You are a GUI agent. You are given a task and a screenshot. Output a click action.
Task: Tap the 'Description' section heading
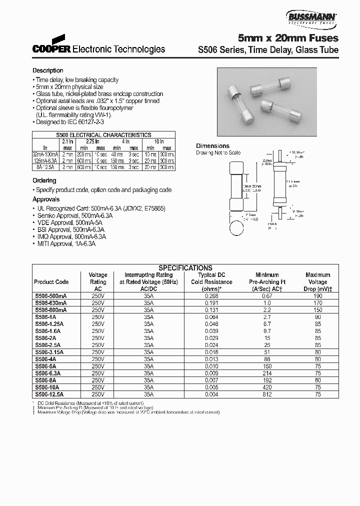(48, 70)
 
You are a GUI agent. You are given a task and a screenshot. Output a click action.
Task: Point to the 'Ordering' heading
(44, 180)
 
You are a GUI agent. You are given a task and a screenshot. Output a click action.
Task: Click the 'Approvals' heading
(46, 199)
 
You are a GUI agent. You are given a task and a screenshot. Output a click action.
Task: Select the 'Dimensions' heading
(212, 146)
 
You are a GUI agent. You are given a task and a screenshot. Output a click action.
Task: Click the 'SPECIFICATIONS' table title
(185, 268)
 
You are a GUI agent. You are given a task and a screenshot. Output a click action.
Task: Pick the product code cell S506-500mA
(50, 296)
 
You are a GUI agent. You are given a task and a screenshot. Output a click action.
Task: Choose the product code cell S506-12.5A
(50, 394)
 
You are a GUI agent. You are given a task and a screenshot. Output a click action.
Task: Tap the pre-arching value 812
(267, 394)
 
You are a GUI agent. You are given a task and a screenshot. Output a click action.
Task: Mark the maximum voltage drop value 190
(317, 296)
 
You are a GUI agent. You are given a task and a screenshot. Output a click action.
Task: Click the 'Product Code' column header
(51, 282)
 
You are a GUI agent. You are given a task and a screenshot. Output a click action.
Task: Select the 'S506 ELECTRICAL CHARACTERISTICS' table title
(103, 135)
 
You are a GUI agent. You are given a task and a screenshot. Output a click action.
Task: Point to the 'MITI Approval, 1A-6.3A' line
(65, 243)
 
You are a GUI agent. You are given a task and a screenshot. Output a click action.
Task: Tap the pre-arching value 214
(267, 373)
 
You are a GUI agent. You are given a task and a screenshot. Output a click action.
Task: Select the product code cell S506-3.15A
(50, 352)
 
